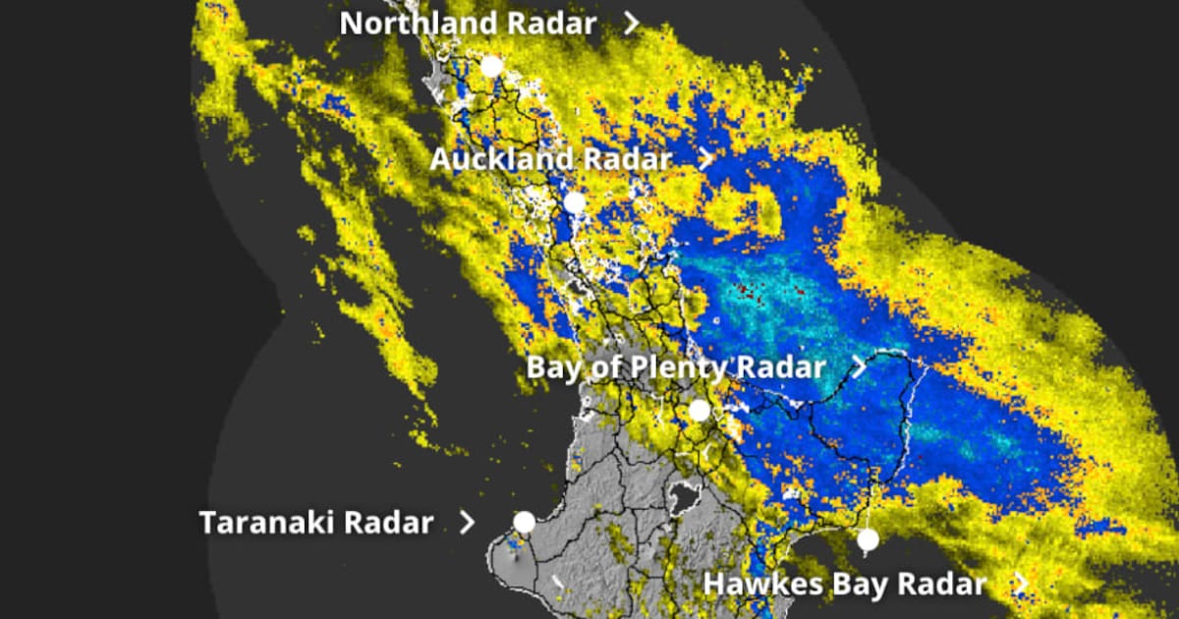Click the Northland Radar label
[468, 24]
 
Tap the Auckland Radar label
[550, 159]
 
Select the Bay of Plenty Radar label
[676, 367]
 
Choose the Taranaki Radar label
[315, 523]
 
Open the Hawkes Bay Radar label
[844, 585]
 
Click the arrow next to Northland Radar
[632, 24]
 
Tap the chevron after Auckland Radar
[705, 159]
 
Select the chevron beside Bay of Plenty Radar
[859, 367]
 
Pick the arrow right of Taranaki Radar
[467, 523]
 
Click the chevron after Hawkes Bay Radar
[1021, 585]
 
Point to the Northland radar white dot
[492, 67]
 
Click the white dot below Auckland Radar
[575, 203]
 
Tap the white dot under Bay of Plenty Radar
[699, 411]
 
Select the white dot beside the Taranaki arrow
[525, 522]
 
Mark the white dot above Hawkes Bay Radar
[867, 539]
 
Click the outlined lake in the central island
[681, 498]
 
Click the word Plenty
[671, 367]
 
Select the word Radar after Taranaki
[391, 523]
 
